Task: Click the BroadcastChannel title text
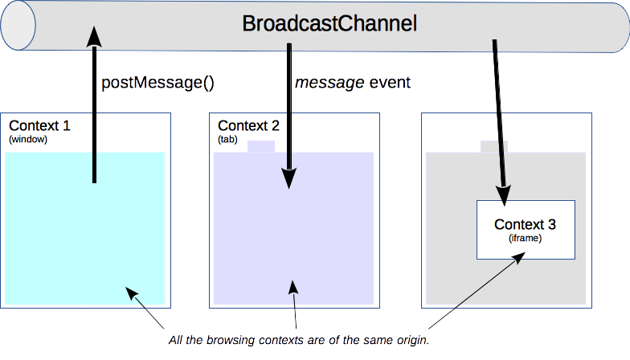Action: click(330, 23)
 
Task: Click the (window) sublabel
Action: click(29, 139)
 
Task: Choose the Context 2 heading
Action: click(249, 126)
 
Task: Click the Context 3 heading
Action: click(525, 224)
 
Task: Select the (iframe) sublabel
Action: click(525, 238)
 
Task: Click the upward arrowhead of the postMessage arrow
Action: click(94, 36)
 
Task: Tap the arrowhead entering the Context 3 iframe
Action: click(505, 195)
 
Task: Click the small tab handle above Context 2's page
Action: click(261, 147)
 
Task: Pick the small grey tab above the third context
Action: click(493, 147)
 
